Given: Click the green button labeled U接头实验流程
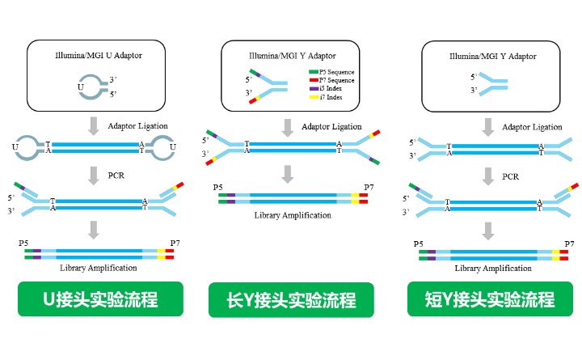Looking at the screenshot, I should pyautogui.click(x=100, y=299).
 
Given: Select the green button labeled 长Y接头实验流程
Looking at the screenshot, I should pyautogui.click(x=291, y=300).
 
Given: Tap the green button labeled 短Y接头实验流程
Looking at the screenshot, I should pyautogui.click(x=490, y=299).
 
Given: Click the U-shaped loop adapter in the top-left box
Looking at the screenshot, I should pyautogui.click(x=92, y=87).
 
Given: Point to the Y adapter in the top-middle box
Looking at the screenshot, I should pyautogui.click(x=268, y=86).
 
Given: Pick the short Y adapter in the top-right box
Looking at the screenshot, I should pyautogui.click(x=492, y=83).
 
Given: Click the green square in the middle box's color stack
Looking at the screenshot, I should pyautogui.click(x=314, y=72).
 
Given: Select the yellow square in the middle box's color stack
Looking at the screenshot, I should pyautogui.click(x=314, y=96).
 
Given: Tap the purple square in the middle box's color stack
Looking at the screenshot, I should pyautogui.click(x=314, y=88).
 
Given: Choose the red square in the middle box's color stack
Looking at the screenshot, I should pyautogui.click(x=314, y=80).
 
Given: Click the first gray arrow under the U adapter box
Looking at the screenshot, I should pyautogui.click(x=94, y=125).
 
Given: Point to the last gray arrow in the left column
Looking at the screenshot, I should pyautogui.click(x=94, y=230).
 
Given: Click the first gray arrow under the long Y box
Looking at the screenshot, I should pyautogui.click(x=287, y=128).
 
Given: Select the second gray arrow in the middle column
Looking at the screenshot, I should pyautogui.click(x=287, y=174).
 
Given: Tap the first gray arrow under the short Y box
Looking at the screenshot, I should pyautogui.click(x=487, y=126).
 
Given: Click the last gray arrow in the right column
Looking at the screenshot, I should pyautogui.click(x=487, y=231).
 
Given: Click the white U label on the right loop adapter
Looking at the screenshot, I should pyautogui.click(x=173, y=147).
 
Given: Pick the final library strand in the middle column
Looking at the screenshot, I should pyautogui.click(x=293, y=198).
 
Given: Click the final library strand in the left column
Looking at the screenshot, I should pyautogui.click(x=99, y=254).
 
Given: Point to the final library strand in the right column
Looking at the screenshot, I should pyautogui.click(x=493, y=255).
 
